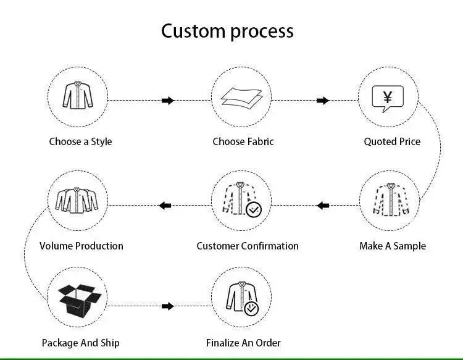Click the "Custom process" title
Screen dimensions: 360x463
click(x=227, y=30)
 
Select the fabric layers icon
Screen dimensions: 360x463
click(x=241, y=98)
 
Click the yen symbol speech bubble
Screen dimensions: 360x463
click(x=388, y=98)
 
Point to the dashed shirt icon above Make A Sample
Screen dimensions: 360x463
click(x=388, y=199)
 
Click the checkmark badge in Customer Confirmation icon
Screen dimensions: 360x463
click(x=254, y=210)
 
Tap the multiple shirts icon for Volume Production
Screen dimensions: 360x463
click(x=77, y=199)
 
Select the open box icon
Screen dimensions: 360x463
click(x=79, y=301)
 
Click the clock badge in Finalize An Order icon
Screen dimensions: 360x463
click(x=251, y=309)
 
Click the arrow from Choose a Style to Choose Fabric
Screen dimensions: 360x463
click(x=168, y=101)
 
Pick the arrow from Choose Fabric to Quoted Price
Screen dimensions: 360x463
click(x=323, y=101)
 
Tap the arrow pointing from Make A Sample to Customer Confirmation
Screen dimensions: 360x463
click(x=323, y=205)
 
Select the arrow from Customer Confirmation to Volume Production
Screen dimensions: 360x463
click(x=165, y=205)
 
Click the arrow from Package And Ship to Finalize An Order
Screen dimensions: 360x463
click(x=168, y=306)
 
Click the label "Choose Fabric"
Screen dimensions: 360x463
click(x=243, y=141)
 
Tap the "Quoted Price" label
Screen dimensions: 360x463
click(x=391, y=141)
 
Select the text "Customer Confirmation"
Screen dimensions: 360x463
click(x=247, y=246)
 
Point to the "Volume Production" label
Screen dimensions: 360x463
click(x=81, y=246)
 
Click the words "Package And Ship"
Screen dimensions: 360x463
click(x=80, y=342)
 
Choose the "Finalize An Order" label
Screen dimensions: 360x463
click(x=243, y=342)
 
